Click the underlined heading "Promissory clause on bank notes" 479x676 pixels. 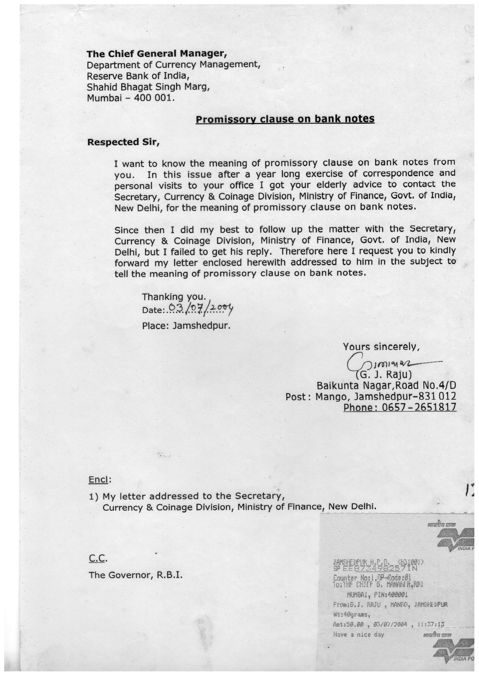[285, 119]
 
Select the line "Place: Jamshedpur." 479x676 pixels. [186, 326]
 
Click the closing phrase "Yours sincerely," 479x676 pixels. [381, 346]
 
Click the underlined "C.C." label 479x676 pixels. [98, 558]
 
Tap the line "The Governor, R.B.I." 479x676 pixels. [135, 575]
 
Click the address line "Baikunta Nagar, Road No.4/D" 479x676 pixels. [386, 385]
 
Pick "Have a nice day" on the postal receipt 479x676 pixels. [359, 634]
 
